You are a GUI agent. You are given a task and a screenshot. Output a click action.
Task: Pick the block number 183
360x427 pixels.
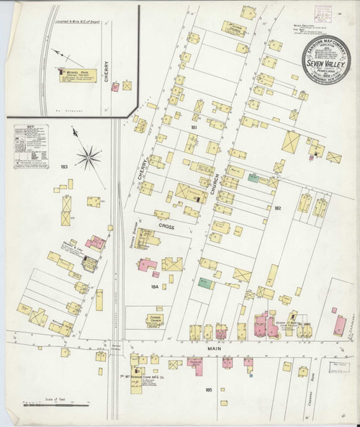tap(64, 166)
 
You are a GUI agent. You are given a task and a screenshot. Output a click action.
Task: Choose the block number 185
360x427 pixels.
tap(208, 390)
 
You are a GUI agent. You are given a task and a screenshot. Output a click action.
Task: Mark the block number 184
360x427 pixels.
tap(155, 286)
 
